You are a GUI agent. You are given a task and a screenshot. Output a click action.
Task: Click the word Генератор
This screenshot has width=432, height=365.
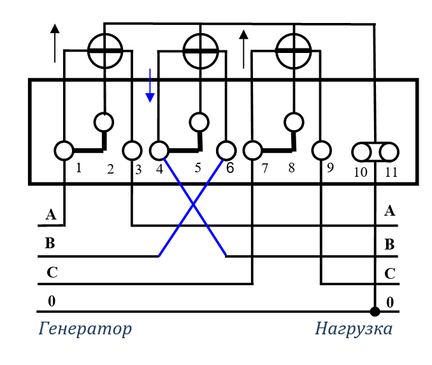click(85, 329)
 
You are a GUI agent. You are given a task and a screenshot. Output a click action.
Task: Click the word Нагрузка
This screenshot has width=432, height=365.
click(354, 329)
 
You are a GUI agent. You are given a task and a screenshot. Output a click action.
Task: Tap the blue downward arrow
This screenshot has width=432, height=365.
click(150, 86)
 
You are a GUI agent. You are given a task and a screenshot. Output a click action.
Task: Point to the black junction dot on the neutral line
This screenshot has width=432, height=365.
click(375, 311)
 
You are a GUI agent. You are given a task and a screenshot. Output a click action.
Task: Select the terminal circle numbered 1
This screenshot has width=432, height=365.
click(64, 151)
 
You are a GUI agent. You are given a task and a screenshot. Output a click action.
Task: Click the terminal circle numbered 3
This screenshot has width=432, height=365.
click(131, 151)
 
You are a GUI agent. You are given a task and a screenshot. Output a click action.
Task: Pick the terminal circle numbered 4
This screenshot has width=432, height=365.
click(159, 151)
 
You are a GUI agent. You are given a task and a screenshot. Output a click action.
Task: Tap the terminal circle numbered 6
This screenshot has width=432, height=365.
click(226, 151)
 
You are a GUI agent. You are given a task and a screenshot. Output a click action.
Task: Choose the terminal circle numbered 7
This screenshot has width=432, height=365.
click(253, 151)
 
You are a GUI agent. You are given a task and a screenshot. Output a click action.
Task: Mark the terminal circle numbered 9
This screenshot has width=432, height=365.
click(320, 151)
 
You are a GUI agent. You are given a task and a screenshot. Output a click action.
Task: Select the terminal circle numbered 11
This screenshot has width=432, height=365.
click(389, 152)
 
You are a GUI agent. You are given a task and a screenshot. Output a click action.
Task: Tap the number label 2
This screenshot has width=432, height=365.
click(110, 169)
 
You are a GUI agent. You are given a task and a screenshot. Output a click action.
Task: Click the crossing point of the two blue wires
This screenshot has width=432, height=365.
click(192, 204)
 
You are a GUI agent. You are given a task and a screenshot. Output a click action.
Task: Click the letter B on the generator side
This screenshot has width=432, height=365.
click(50, 243)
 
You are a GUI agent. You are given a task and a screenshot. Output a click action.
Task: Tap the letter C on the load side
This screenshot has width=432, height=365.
click(390, 274)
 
